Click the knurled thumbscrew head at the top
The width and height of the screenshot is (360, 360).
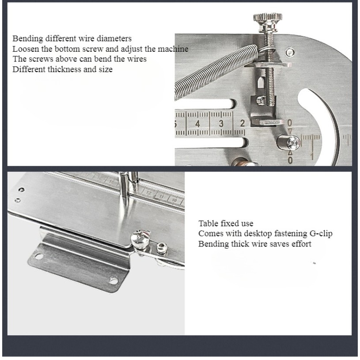coord(268,18)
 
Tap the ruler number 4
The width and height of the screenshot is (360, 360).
coord(197,124)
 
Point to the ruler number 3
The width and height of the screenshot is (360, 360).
coord(221,124)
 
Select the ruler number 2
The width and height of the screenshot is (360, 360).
coord(243,123)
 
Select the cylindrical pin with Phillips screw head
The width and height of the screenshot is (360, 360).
coord(289,143)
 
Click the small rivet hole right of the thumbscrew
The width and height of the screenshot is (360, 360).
coord(290,52)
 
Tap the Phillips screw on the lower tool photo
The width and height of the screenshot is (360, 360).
coord(140,239)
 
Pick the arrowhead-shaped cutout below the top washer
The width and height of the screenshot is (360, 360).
coord(261,82)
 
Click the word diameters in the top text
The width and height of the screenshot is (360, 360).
coord(114,38)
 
